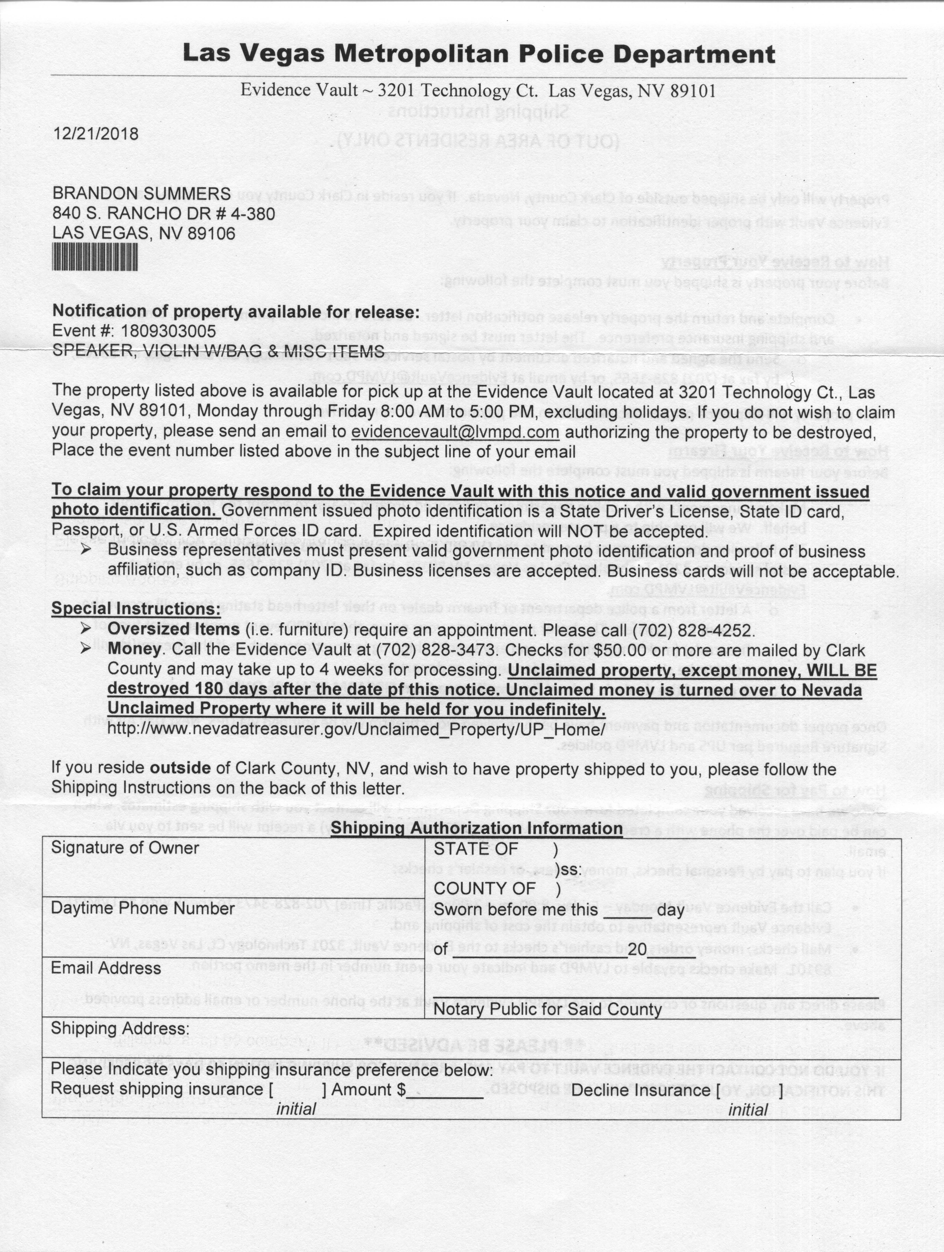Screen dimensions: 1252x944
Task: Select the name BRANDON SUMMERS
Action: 142,194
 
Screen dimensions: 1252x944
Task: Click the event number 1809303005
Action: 168,331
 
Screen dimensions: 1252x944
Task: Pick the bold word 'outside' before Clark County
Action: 180,768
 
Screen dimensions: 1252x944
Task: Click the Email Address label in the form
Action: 106,968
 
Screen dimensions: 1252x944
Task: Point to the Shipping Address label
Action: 120,1028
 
